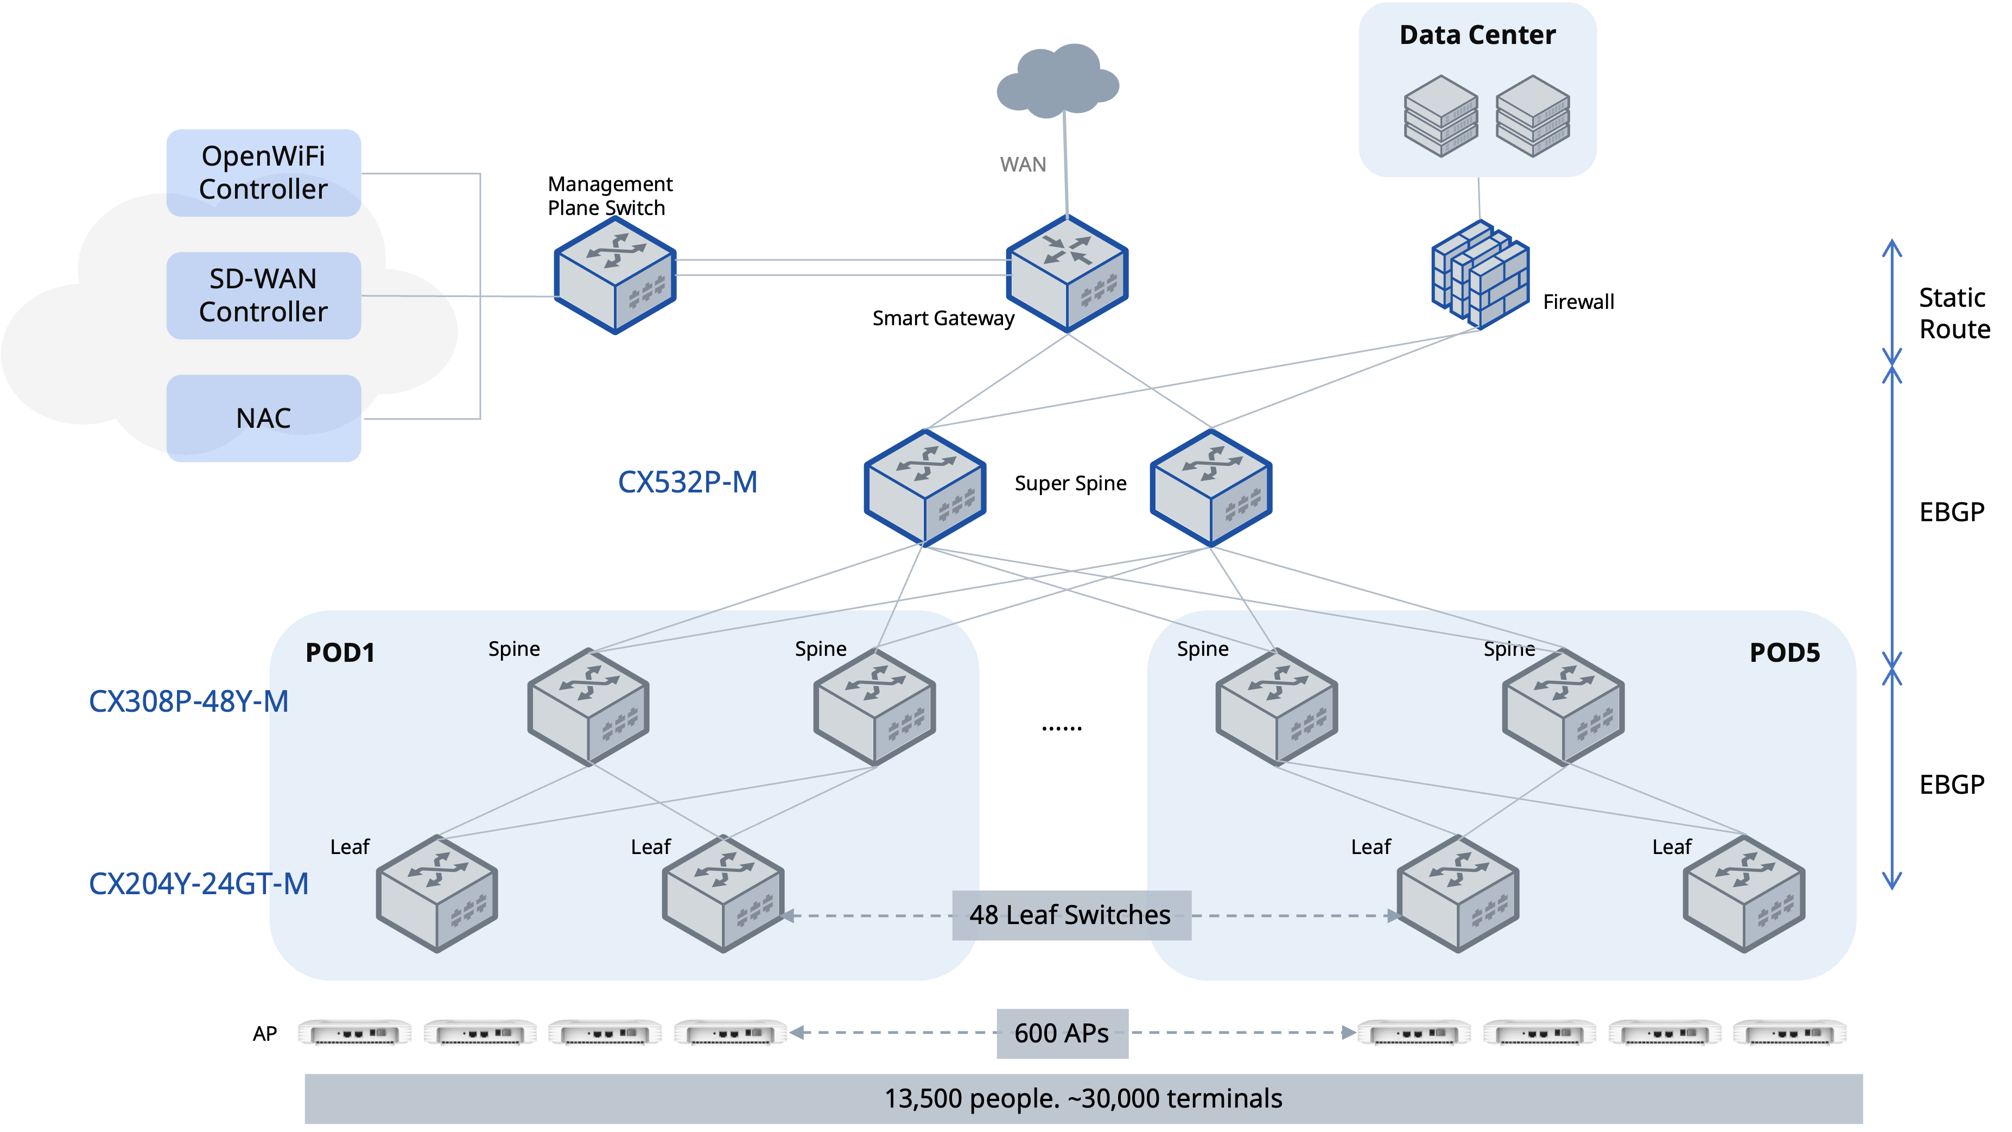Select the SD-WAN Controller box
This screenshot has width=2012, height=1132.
point(263,295)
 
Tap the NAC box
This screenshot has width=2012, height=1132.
point(263,418)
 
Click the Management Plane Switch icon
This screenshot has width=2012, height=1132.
point(615,275)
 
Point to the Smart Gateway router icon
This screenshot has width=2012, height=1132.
point(1067,274)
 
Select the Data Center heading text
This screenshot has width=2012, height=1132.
point(1477,35)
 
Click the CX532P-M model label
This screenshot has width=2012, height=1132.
point(687,482)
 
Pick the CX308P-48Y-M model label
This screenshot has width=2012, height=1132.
point(188,701)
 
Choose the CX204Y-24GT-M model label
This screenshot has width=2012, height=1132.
point(199,883)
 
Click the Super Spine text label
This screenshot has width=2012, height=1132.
point(1070,484)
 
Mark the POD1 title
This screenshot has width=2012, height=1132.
point(340,653)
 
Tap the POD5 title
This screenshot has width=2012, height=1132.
point(1784,653)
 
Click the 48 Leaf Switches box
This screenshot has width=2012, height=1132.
point(1070,915)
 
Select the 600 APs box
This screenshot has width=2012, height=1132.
point(1062,1033)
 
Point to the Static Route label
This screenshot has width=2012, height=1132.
point(1954,313)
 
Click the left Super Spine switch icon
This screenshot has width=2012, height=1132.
point(925,486)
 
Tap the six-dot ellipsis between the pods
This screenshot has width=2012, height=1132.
point(1062,728)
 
